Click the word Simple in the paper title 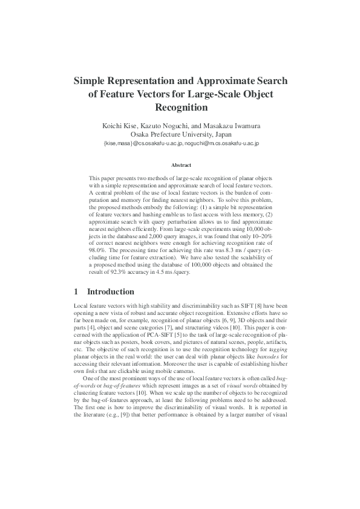click(93, 81)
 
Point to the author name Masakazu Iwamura click(234, 125)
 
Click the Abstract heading click(181, 165)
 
